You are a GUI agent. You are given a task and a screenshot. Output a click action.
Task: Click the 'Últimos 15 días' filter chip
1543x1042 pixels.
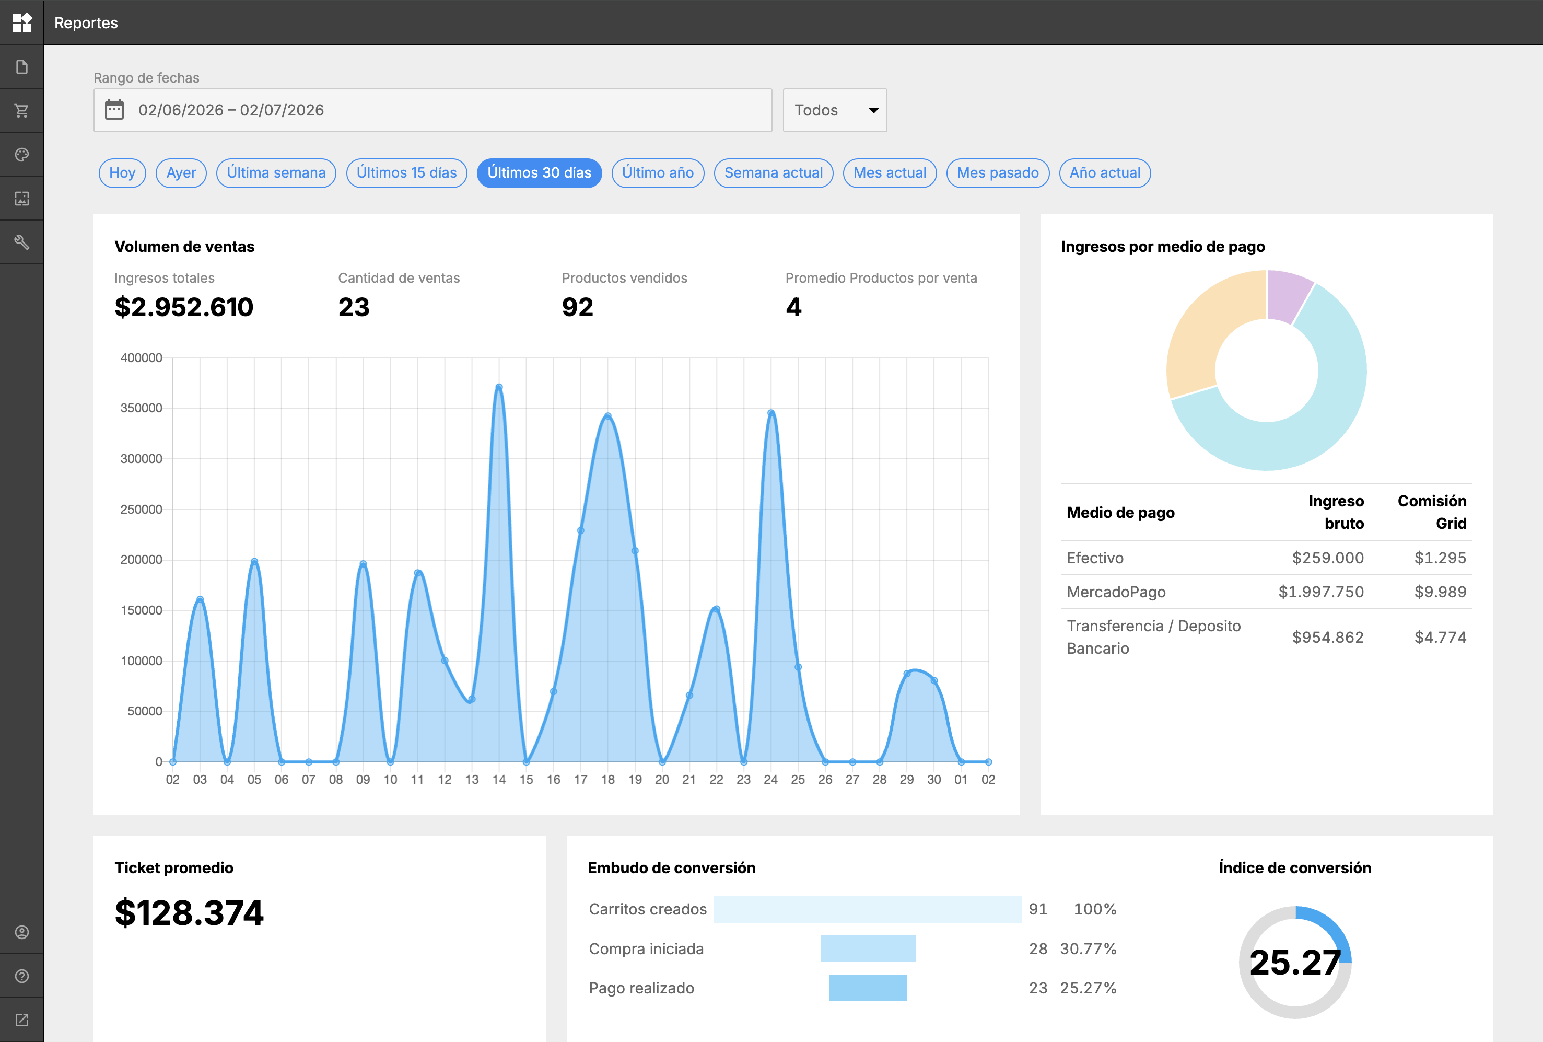[406, 172]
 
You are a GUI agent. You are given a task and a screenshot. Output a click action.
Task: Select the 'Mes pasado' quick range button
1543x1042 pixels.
[997, 172]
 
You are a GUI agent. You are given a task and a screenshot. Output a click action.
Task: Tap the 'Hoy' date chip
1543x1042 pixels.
[122, 172]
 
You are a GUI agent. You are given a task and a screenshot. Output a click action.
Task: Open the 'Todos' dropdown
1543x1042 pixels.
[835, 110]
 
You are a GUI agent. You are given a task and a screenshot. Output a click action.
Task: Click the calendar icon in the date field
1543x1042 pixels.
[114, 110]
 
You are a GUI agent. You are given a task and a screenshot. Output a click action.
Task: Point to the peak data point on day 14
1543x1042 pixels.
[499, 387]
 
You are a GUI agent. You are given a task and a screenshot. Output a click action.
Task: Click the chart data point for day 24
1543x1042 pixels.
[771, 413]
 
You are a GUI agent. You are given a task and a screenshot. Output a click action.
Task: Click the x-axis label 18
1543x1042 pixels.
[607, 780]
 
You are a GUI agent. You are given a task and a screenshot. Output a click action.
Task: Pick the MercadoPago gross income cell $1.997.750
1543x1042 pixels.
[1320, 592]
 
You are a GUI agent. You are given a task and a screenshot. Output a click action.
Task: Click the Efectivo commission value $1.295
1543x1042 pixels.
[1440, 558]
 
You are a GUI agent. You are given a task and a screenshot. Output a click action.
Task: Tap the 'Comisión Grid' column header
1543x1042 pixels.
[1432, 512]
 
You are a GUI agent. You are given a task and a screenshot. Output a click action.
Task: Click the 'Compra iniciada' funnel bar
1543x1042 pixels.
[868, 948]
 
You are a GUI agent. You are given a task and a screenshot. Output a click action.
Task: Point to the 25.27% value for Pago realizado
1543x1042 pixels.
[1088, 988]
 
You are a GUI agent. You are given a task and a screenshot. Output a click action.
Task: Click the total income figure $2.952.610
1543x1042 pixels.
[184, 307]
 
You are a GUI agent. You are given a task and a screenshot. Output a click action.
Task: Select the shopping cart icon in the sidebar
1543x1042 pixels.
[22, 110]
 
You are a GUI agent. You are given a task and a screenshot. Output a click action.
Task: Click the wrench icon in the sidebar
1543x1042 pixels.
[22, 242]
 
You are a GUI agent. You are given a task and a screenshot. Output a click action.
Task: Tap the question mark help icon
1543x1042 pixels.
[22, 976]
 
